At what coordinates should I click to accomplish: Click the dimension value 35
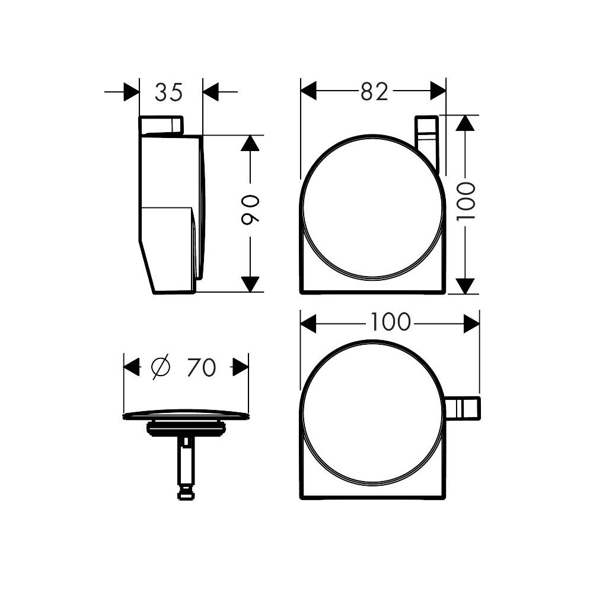(x=170, y=92)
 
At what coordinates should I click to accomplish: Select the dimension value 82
(x=374, y=91)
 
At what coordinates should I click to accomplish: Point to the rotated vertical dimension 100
(x=467, y=201)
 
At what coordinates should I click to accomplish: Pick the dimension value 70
(x=201, y=367)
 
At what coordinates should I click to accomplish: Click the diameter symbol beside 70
(x=161, y=367)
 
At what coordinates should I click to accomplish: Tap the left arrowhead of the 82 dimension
(x=309, y=91)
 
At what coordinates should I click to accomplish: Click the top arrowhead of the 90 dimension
(x=250, y=143)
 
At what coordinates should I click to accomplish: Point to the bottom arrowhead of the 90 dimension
(x=250, y=284)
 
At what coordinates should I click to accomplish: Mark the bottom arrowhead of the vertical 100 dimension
(x=467, y=286)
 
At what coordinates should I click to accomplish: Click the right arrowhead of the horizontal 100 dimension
(x=471, y=323)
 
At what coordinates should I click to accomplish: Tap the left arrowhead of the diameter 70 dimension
(x=132, y=367)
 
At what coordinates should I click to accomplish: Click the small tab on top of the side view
(x=161, y=126)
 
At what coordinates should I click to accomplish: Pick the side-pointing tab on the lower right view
(x=463, y=409)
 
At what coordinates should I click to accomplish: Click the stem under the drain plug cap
(x=186, y=465)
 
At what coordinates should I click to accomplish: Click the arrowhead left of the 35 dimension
(x=131, y=92)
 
